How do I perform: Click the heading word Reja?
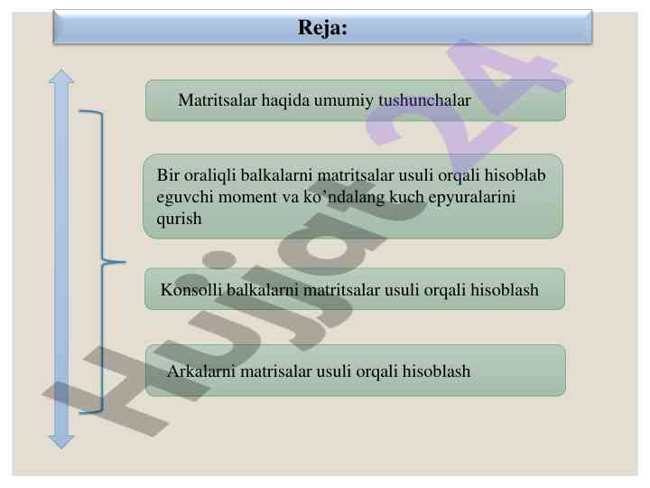click(x=322, y=29)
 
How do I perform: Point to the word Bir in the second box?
click(x=168, y=175)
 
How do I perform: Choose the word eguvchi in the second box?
click(x=181, y=197)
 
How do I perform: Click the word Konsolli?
click(x=187, y=290)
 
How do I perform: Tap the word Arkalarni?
click(x=200, y=371)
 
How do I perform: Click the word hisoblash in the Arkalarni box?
click(x=436, y=371)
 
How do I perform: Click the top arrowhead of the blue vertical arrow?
click(x=61, y=78)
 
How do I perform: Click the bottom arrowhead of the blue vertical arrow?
click(x=61, y=439)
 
